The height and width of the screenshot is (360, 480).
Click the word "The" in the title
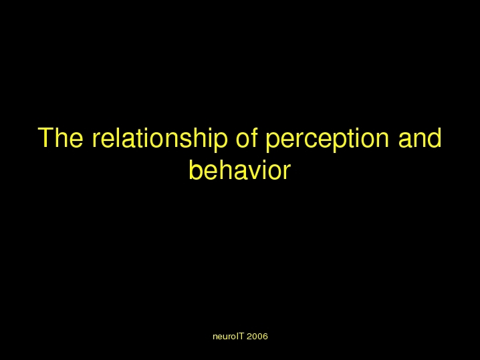61,138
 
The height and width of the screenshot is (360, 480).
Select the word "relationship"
160,140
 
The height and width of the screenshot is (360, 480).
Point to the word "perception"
328,140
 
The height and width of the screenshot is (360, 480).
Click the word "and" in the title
420,138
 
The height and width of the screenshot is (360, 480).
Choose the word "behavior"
240,170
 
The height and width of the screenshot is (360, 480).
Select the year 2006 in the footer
257,337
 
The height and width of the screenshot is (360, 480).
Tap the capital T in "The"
45,138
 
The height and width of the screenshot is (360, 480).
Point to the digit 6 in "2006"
265,337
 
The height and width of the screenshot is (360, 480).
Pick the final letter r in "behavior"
287,173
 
